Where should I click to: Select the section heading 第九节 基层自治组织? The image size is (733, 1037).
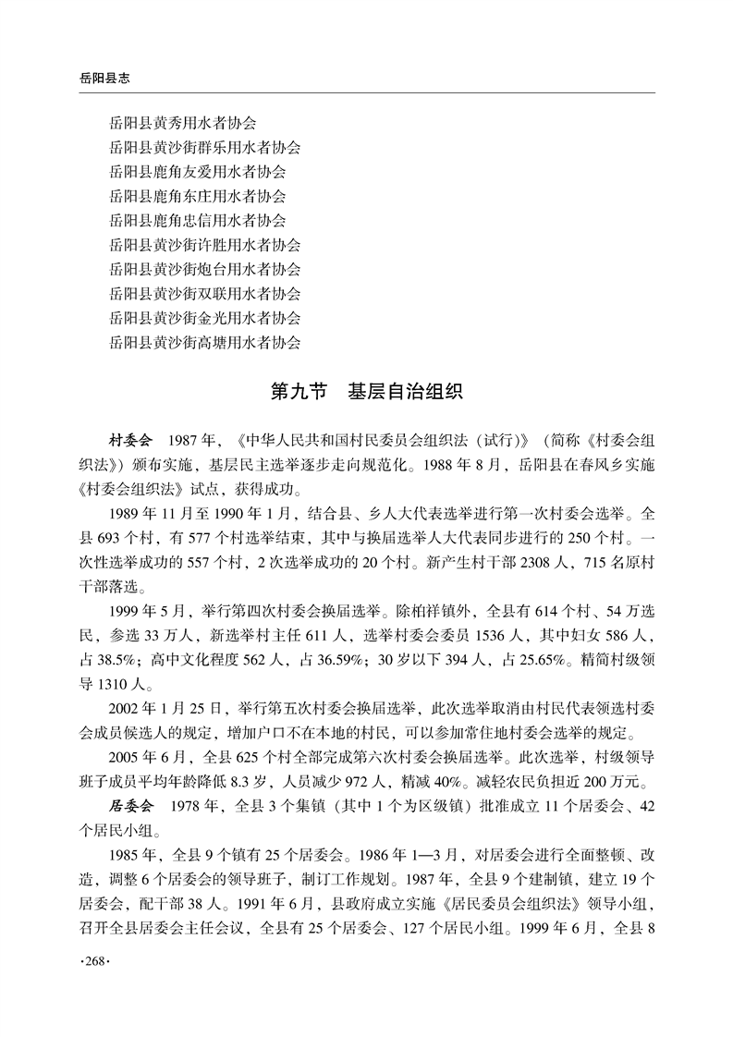pyautogui.click(x=366, y=391)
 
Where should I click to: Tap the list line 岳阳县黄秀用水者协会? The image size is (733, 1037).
pyautogui.click(x=182, y=123)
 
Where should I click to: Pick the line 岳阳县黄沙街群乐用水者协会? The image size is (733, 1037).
pyautogui.click(x=204, y=147)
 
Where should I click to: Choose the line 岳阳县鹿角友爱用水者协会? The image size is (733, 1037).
pyautogui.click(x=197, y=172)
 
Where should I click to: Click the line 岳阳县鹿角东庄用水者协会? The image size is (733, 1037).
pyautogui.click(x=197, y=196)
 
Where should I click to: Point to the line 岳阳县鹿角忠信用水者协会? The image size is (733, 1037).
pyautogui.click(x=197, y=221)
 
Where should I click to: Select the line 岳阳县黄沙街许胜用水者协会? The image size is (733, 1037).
pyautogui.click(x=204, y=245)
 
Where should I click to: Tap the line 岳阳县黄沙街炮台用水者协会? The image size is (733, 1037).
pyautogui.click(x=204, y=270)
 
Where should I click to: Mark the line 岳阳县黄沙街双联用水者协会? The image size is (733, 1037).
pyautogui.click(x=204, y=294)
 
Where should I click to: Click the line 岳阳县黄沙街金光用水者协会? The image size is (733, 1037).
pyautogui.click(x=204, y=318)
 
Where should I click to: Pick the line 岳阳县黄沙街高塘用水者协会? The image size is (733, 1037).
pyautogui.click(x=204, y=343)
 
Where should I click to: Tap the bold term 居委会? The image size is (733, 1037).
pyautogui.click(x=131, y=806)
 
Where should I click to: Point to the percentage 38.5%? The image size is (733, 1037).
pyautogui.click(x=128, y=660)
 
